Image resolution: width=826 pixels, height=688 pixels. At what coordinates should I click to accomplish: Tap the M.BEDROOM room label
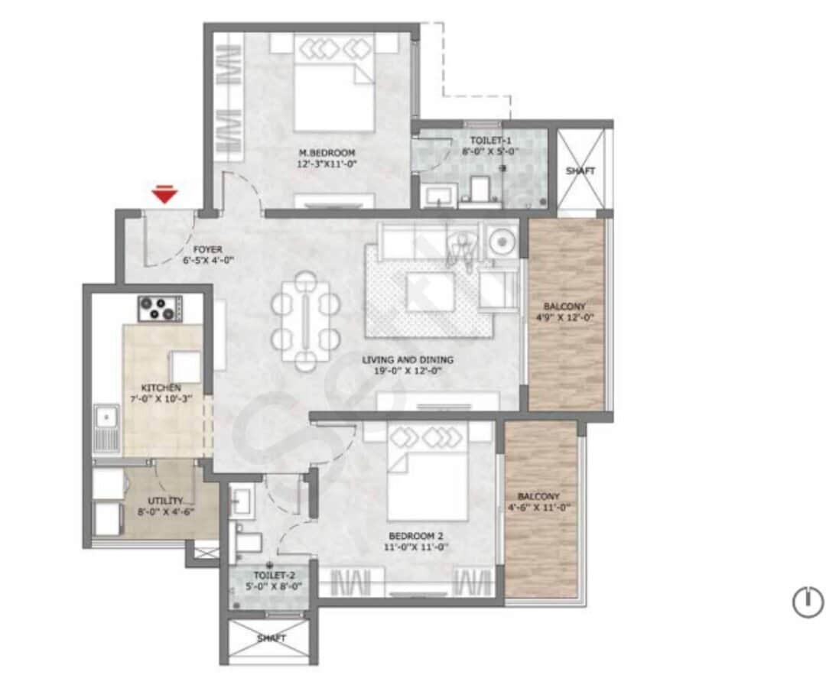pos(327,157)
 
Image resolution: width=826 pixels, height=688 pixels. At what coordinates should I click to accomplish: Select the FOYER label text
pos(207,255)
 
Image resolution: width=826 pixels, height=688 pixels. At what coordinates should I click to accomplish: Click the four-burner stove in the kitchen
pos(159,308)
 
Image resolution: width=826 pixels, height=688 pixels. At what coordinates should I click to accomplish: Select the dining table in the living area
pos(306,316)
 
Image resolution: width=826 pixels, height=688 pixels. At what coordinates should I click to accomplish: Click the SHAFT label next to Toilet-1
pos(580,170)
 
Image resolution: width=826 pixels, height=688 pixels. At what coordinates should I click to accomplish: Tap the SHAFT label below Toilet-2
pos(271,638)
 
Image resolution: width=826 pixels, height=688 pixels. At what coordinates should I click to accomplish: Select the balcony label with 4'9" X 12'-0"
pos(566,311)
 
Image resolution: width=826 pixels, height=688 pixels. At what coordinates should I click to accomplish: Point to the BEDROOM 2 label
pos(417,541)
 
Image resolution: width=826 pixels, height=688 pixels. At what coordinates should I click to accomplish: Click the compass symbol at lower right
pos(806,602)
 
